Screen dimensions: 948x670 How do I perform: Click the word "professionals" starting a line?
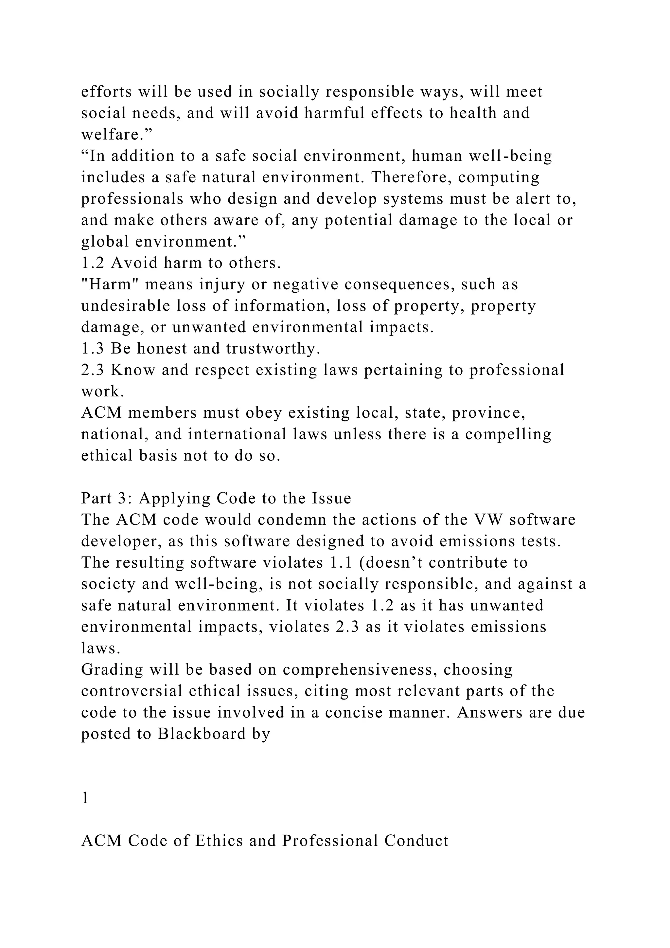pos(132,199)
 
